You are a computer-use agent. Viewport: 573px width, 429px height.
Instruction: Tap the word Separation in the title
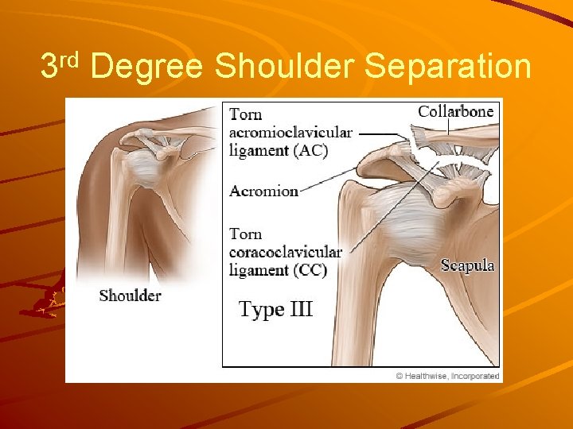(x=448, y=67)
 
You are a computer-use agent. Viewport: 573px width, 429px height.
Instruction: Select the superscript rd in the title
(x=71, y=59)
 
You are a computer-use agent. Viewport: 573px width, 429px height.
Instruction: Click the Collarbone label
(x=456, y=111)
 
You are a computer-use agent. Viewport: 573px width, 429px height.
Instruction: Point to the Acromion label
(x=263, y=191)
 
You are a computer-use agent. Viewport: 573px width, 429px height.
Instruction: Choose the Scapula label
(x=468, y=265)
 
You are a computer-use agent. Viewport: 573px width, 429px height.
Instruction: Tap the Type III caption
(x=276, y=308)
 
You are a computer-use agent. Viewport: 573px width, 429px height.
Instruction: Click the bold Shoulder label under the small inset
(x=130, y=296)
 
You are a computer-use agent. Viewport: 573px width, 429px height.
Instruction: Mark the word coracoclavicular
(x=285, y=252)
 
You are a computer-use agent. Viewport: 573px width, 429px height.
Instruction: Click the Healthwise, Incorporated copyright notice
(x=447, y=376)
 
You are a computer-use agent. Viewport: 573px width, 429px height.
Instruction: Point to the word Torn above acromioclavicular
(x=245, y=114)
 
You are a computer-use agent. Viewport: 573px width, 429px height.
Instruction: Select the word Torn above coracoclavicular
(x=245, y=234)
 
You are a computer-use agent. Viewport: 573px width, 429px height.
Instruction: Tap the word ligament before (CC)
(x=258, y=270)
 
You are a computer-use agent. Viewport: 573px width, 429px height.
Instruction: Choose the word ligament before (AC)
(x=258, y=151)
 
